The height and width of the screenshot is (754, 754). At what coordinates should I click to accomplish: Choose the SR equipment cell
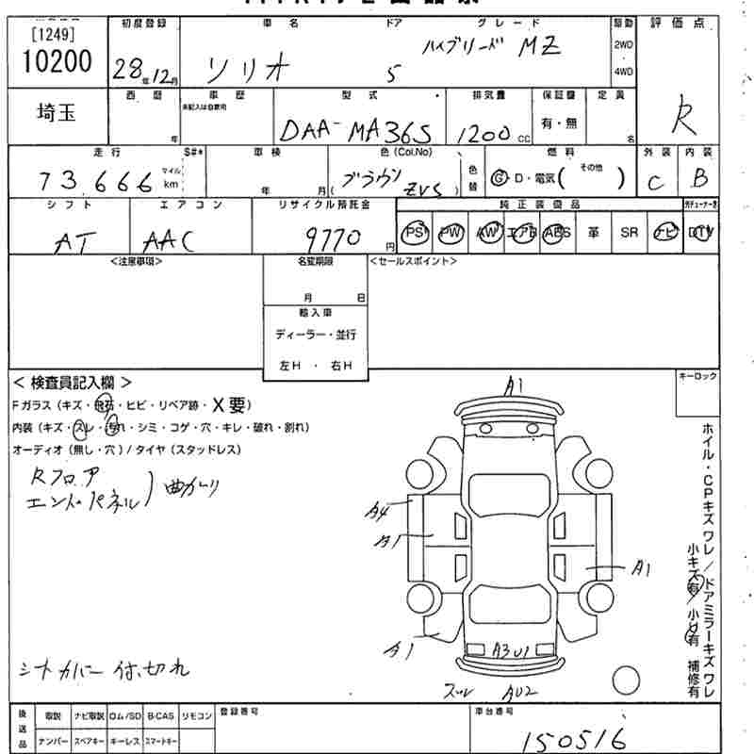point(630,233)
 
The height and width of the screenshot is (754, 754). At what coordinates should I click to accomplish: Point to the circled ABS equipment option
point(558,233)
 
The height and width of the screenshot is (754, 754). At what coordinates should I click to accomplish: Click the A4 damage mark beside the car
point(378,513)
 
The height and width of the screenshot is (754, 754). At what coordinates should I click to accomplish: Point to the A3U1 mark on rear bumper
point(515,650)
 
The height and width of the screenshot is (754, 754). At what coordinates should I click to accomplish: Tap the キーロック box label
point(697,376)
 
